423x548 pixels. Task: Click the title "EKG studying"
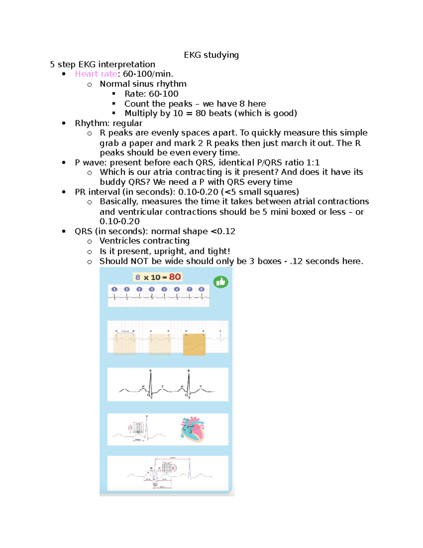[x=211, y=55]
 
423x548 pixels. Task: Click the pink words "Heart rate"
[x=96, y=74]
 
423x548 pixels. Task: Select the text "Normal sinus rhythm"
[x=143, y=84]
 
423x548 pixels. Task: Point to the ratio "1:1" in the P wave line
[x=313, y=163]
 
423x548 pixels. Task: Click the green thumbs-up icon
[x=221, y=282]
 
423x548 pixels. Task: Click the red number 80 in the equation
[x=175, y=277]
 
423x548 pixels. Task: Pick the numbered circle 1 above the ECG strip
[x=114, y=289]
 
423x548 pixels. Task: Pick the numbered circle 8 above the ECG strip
[x=202, y=289]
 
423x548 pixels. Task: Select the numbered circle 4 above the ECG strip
[x=152, y=289]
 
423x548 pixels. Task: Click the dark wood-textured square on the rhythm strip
[x=194, y=344]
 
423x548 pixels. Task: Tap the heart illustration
[x=192, y=429]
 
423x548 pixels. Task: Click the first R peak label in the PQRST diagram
[x=151, y=371]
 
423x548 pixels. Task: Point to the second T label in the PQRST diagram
[x=201, y=387]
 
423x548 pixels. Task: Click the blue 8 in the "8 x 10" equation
[x=138, y=277]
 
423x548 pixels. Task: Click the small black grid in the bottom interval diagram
[x=167, y=468]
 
